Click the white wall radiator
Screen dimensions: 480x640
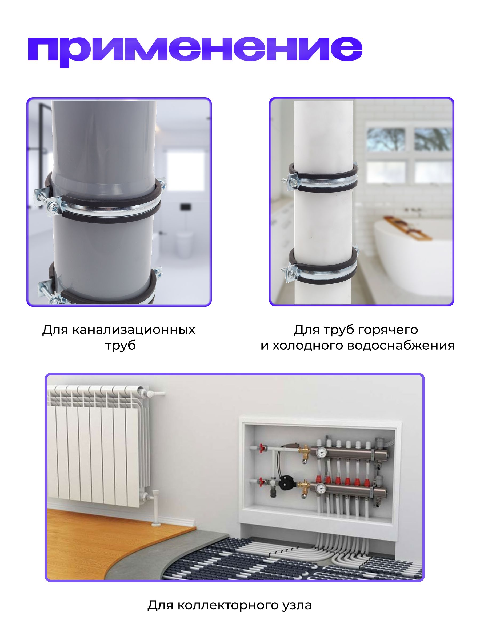click(98, 447)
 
